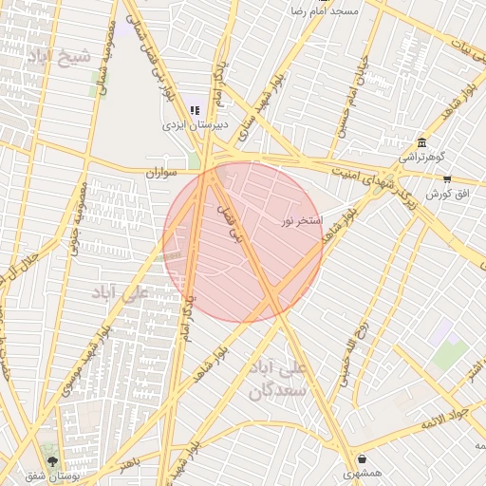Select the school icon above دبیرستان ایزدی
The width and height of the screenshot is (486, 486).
click(x=195, y=110)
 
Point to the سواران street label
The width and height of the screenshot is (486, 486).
click(x=161, y=174)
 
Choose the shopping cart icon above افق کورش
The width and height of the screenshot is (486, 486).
click(x=447, y=178)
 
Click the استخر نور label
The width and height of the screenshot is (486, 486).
click(x=303, y=221)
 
